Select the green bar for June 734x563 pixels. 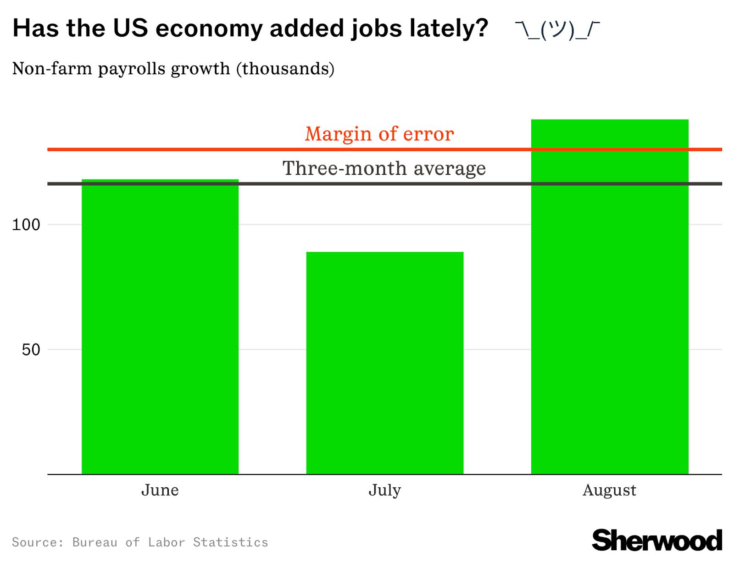tap(160, 326)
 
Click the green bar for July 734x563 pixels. tap(384, 363)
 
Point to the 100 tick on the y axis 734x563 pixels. tap(26, 225)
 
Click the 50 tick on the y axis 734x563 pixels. tap(31, 350)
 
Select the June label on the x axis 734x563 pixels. tap(160, 490)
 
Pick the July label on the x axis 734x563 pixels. tap(384, 490)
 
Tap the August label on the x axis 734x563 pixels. tap(609, 490)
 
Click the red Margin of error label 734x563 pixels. tap(379, 134)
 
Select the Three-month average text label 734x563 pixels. tap(384, 168)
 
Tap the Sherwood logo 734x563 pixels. tap(657, 540)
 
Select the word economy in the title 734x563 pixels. tap(209, 28)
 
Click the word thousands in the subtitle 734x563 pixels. tap(285, 69)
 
